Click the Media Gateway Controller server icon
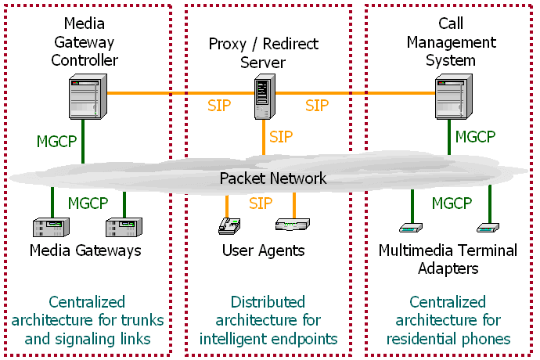88,96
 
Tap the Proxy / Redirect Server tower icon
265,97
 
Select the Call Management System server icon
454,96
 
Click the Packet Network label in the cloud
273,178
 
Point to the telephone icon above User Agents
229,226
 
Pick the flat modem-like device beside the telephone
293,225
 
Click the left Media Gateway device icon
51,227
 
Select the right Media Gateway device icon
124,227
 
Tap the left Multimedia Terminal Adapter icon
411,228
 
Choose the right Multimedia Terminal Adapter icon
488,228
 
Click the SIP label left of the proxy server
219,106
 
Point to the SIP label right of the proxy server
317,106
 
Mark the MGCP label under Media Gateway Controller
57,141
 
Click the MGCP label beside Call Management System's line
475,137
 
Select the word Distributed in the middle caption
268,302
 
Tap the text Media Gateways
85,250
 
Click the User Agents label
264,250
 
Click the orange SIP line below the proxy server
264,137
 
